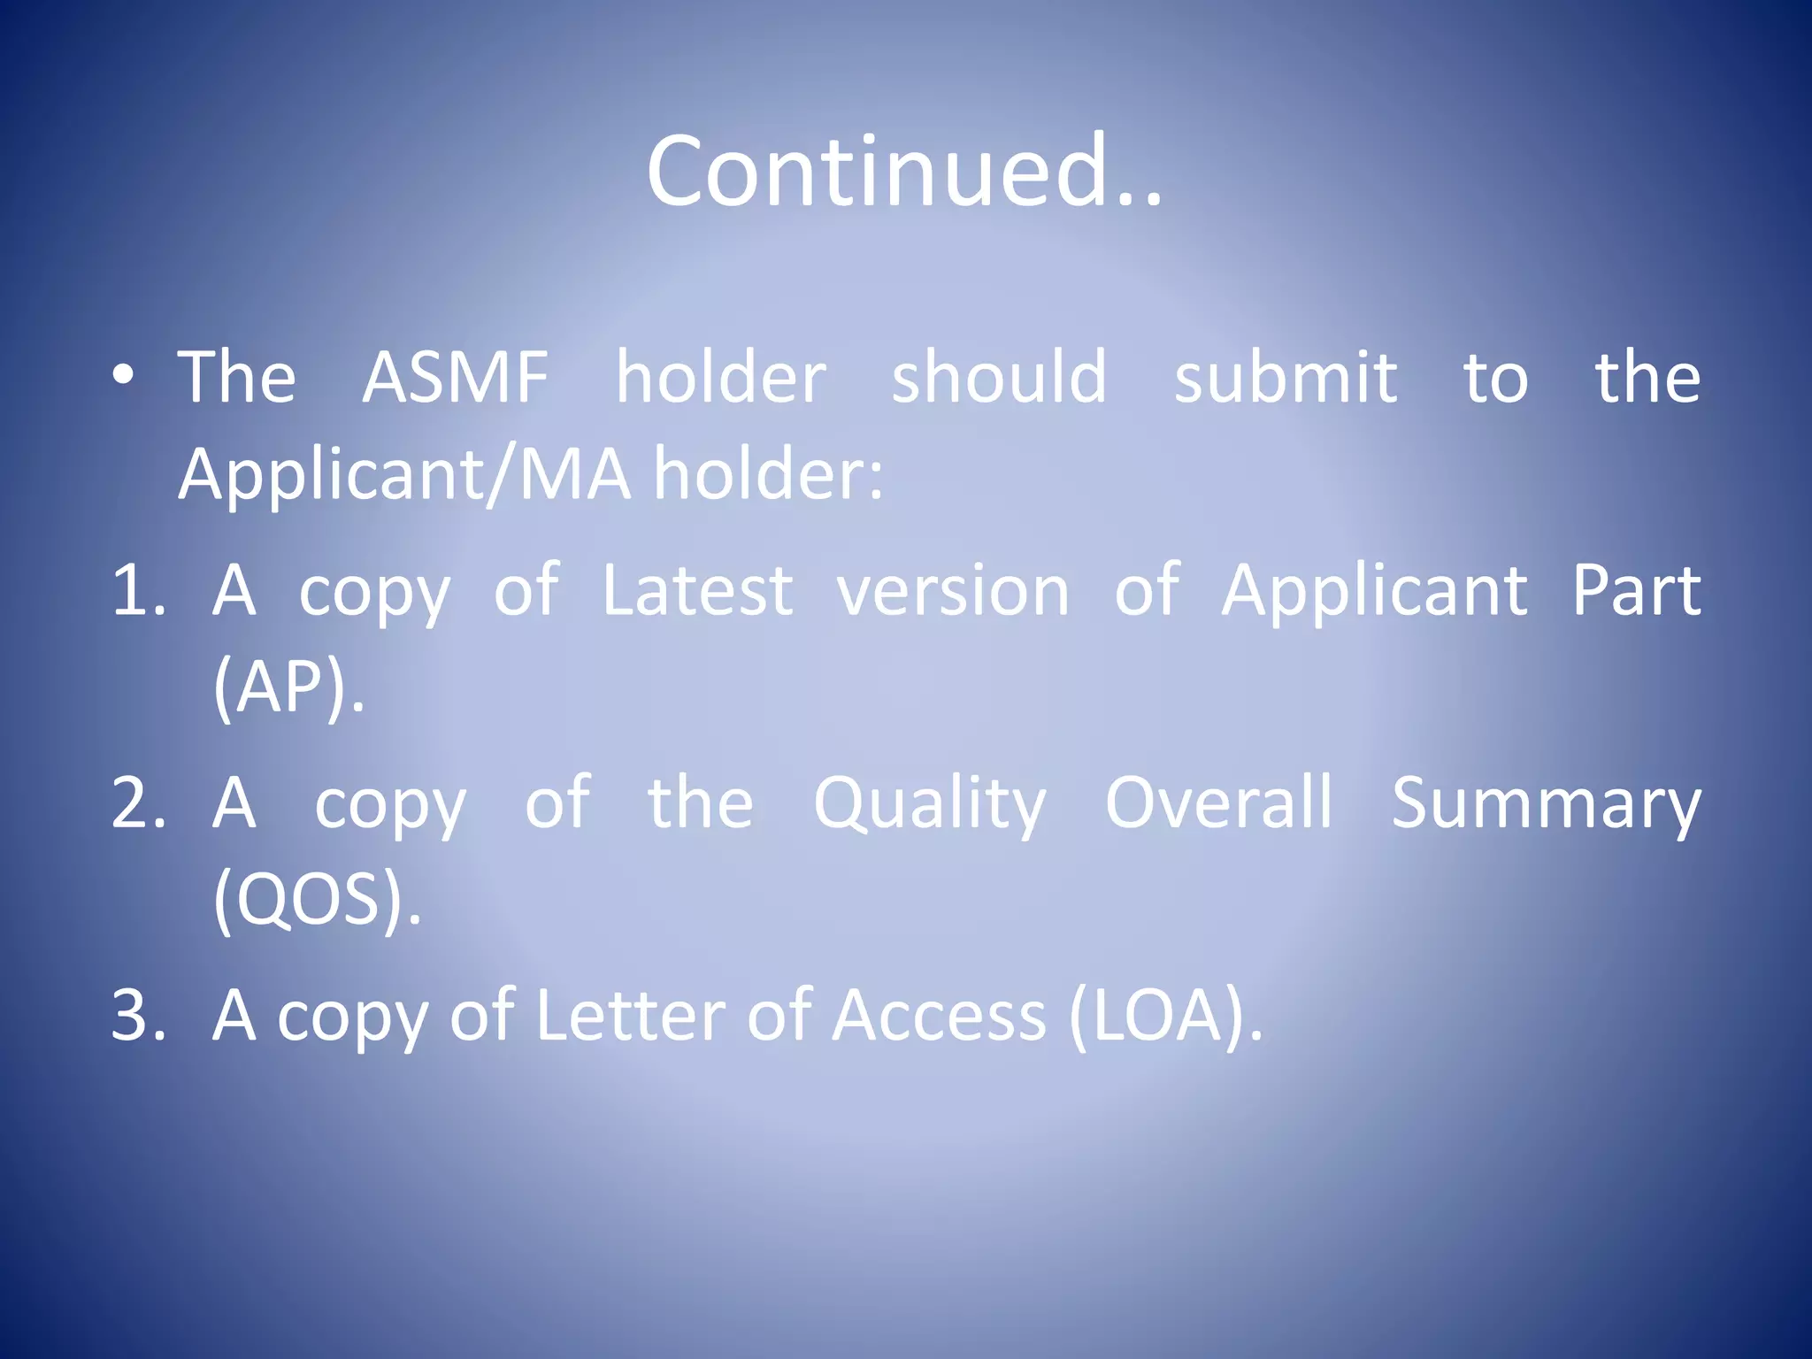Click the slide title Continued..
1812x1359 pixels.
pyautogui.click(x=904, y=172)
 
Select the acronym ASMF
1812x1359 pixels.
pyautogui.click(x=456, y=378)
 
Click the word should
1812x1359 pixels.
pyautogui.click(x=998, y=378)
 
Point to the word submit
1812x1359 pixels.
pyautogui.click(x=1285, y=378)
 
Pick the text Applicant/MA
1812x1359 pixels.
pyautogui.click(x=404, y=474)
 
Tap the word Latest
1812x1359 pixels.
pyautogui.click(x=697, y=591)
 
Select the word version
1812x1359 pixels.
pyautogui.click(x=953, y=591)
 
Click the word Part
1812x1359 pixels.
pyautogui.click(x=1636, y=591)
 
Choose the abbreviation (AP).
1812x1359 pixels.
pyautogui.click(x=288, y=687)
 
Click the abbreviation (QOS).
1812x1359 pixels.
pyautogui.click(x=317, y=899)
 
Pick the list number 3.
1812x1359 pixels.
pyautogui.click(x=139, y=1016)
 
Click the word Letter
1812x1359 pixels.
pyautogui.click(x=631, y=1016)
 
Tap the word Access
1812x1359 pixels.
pyautogui.click(x=940, y=1016)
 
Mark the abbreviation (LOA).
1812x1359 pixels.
pyautogui.click(x=1165, y=1016)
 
